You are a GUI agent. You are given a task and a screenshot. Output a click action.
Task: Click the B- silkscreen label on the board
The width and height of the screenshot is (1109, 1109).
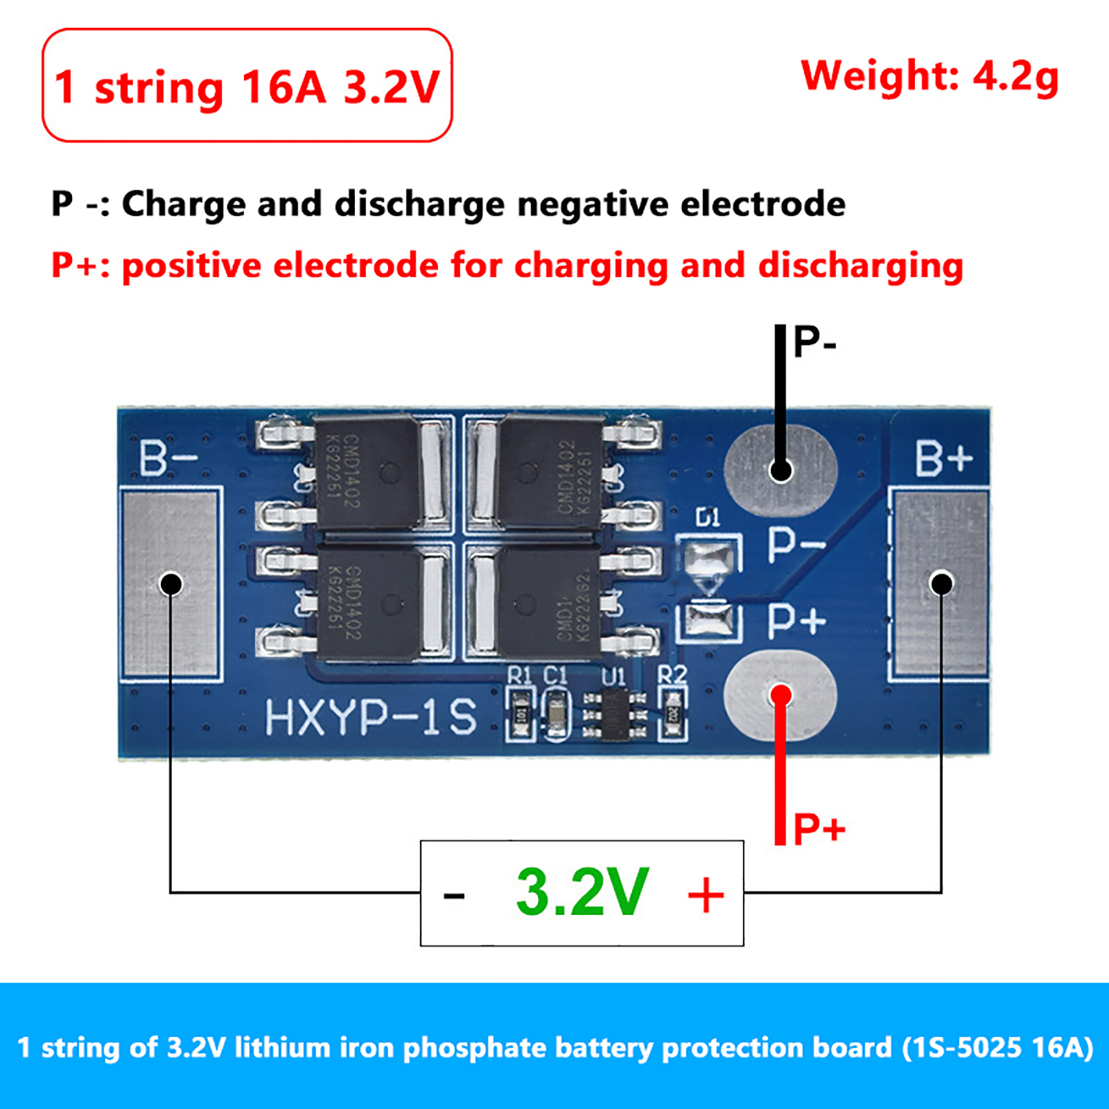pos(168,458)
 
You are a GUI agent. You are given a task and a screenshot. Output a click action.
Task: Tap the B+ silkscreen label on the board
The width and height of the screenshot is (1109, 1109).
pos(943,458)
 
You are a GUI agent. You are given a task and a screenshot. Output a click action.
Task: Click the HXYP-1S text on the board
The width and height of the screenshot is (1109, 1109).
pos(371,717)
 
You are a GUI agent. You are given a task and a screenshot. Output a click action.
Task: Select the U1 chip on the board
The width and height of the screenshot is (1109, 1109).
pos(613,714)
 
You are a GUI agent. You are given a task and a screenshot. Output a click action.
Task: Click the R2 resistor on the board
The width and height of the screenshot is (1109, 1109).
pos(672,714)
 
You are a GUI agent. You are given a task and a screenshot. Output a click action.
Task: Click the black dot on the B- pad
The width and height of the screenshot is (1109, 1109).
pos(171,584)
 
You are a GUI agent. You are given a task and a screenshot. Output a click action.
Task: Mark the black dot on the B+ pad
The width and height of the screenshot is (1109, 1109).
pos(941,584)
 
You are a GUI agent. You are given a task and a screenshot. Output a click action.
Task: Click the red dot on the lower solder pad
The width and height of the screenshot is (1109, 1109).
pos(781,695)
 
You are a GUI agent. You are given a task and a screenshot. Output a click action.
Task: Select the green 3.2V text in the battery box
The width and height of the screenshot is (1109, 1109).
pos(582,893)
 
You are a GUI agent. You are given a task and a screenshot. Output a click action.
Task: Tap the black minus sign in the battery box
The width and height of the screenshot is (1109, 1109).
pos(454,896)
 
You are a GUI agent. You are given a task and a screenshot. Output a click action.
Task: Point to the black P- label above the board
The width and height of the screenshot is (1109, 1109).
pos(815,341)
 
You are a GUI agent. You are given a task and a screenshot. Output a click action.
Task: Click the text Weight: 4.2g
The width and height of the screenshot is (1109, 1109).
pos(929,76)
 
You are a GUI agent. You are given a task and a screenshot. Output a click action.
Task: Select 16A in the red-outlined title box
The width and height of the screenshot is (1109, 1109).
pos(283,88)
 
